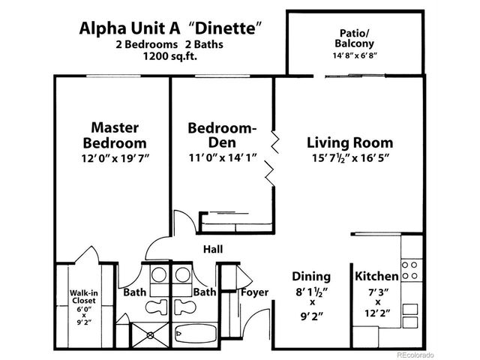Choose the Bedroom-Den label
221,134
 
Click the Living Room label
349,142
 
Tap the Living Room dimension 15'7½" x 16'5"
349,157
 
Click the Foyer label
254,292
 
